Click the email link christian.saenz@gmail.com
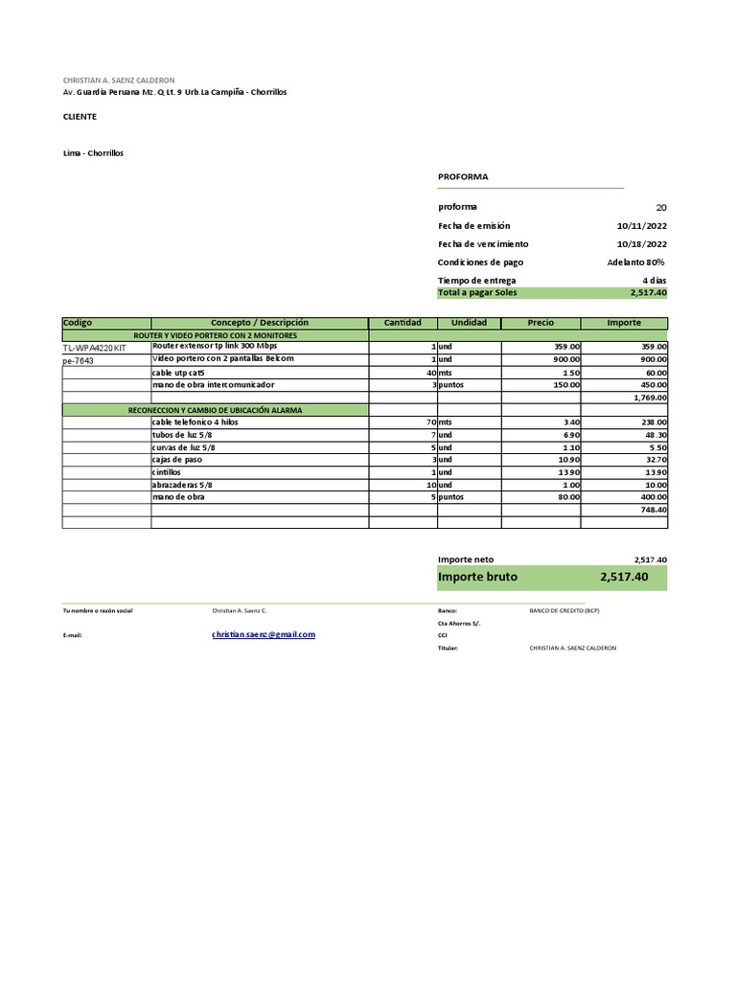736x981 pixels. tap(264, 634)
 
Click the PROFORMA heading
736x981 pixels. tap(463, 177)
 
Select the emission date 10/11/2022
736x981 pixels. tap(642, 226)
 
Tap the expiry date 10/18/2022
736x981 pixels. tap(642, 244)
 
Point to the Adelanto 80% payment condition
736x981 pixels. tap(635, 262)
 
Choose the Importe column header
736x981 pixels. tap(624, 323)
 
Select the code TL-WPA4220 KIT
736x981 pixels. tap(94, 348)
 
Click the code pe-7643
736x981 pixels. tap(79, 361)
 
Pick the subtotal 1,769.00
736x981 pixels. tap(650, 397)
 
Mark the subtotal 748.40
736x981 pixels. tap(653, 510)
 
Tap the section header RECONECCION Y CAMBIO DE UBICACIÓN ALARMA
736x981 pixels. tap(215, 410)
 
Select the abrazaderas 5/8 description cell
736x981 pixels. tap(182, 485)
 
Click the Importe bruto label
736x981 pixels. tap(477, 578)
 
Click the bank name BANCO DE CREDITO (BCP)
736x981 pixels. tap(564, 610)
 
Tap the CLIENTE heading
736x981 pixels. tap(80, 117)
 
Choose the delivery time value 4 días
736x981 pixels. tap(655, 281)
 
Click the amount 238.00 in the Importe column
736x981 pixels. tap(652, 422)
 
